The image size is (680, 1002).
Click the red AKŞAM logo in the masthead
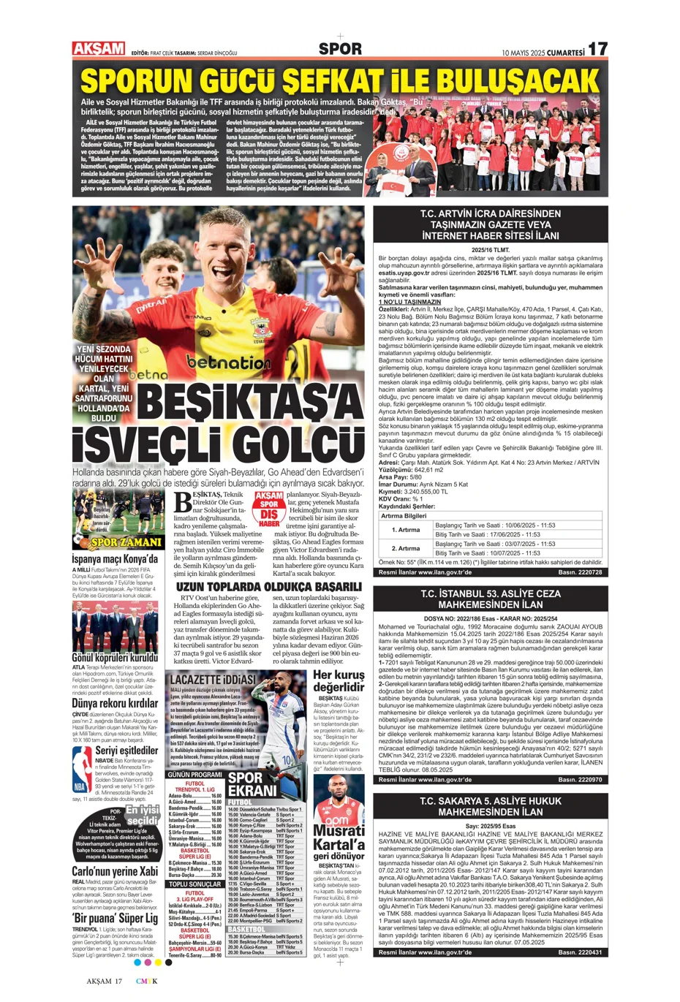pyautogui.click(x=99, y=48)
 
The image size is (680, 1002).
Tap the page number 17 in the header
pyautogui.click(x=597, y=49)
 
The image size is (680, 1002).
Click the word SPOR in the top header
pyautogui.click(x=340, y=49)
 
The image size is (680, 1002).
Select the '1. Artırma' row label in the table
pyautogui.click(x=405, y=529)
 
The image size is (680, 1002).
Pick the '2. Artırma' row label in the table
pyautogui.click(x=405, y=548)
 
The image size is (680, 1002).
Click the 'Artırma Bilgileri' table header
pyautogui.click(x=404, y=515)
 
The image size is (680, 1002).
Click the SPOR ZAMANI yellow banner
pyautogui.click(x=125, y=542)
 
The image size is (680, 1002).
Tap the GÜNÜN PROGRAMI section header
pyautogui.click(x=195, y=774)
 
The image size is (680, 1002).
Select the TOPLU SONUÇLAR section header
pyautogui.click(x=195, y=884)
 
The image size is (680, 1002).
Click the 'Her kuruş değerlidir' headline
pyautogui.click(x=339, y=680)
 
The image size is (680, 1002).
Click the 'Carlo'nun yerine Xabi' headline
pyautogui.click(x=114, y=871)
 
